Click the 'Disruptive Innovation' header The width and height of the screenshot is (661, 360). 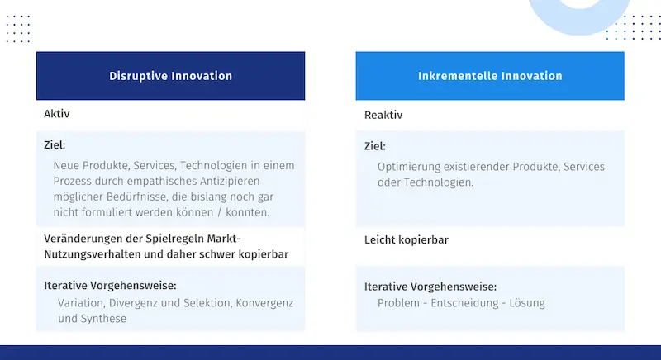tap(171, 76)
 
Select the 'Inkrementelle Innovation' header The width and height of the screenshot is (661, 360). tap(490, 76)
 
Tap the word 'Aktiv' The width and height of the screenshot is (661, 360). tap(56, 114)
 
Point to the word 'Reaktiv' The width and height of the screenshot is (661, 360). tap(383, 115)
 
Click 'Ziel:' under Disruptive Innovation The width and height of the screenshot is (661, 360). tap(55, 145)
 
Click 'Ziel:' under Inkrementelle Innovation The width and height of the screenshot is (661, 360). tap(375, 146)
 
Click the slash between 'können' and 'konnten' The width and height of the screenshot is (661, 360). tap(220, 212)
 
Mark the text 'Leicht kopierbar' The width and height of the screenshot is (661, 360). tap(407, 240)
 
